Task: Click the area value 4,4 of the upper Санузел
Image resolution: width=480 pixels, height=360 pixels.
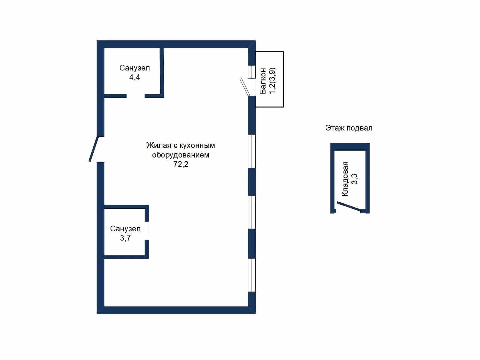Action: pyautogui.click(x=134, y=77)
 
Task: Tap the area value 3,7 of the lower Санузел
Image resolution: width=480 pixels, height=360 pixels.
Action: pyautogui.click(x=125, y=238)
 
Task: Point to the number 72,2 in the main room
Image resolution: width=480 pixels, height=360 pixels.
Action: pyautogui.click(x=181, y=164)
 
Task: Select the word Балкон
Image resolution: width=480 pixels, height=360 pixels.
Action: pyautogui.click(x=263, y=81)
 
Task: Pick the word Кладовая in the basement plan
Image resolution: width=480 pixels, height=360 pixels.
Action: pyautogui.click(x=345, y=179)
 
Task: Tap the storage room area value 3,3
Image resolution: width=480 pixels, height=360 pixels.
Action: pyautogui.click(x=354, y=179)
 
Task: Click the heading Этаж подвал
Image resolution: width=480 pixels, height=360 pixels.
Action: pyautogui.click(x=349, y=128)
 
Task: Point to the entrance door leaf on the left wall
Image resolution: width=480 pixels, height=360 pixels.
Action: pyautogui.click(x=94, y=149)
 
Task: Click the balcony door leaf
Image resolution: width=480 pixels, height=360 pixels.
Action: pyautogui.click(x=245, y=87)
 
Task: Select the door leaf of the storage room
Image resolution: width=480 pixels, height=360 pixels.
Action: pyautogui.click(x=349, y=207)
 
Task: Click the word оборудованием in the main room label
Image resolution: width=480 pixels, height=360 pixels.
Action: pyautogui.click(x=181, y=155)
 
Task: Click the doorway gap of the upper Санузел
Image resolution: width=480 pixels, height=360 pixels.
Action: pyautogui.click(x=136, y=96)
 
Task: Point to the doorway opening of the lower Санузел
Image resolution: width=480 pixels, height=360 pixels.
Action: pyautogui.click(x=147, y=231)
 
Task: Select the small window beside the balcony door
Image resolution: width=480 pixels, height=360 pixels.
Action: pyautogui.click(x=252, y=72)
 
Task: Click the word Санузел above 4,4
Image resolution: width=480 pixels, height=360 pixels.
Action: pyautogui.click(x=134, y=68)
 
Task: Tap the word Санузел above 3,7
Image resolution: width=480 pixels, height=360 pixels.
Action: pyautogui.click(x=125, y=229)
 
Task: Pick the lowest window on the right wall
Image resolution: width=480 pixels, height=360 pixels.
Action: pyautogui.click(x=252, y=275)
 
